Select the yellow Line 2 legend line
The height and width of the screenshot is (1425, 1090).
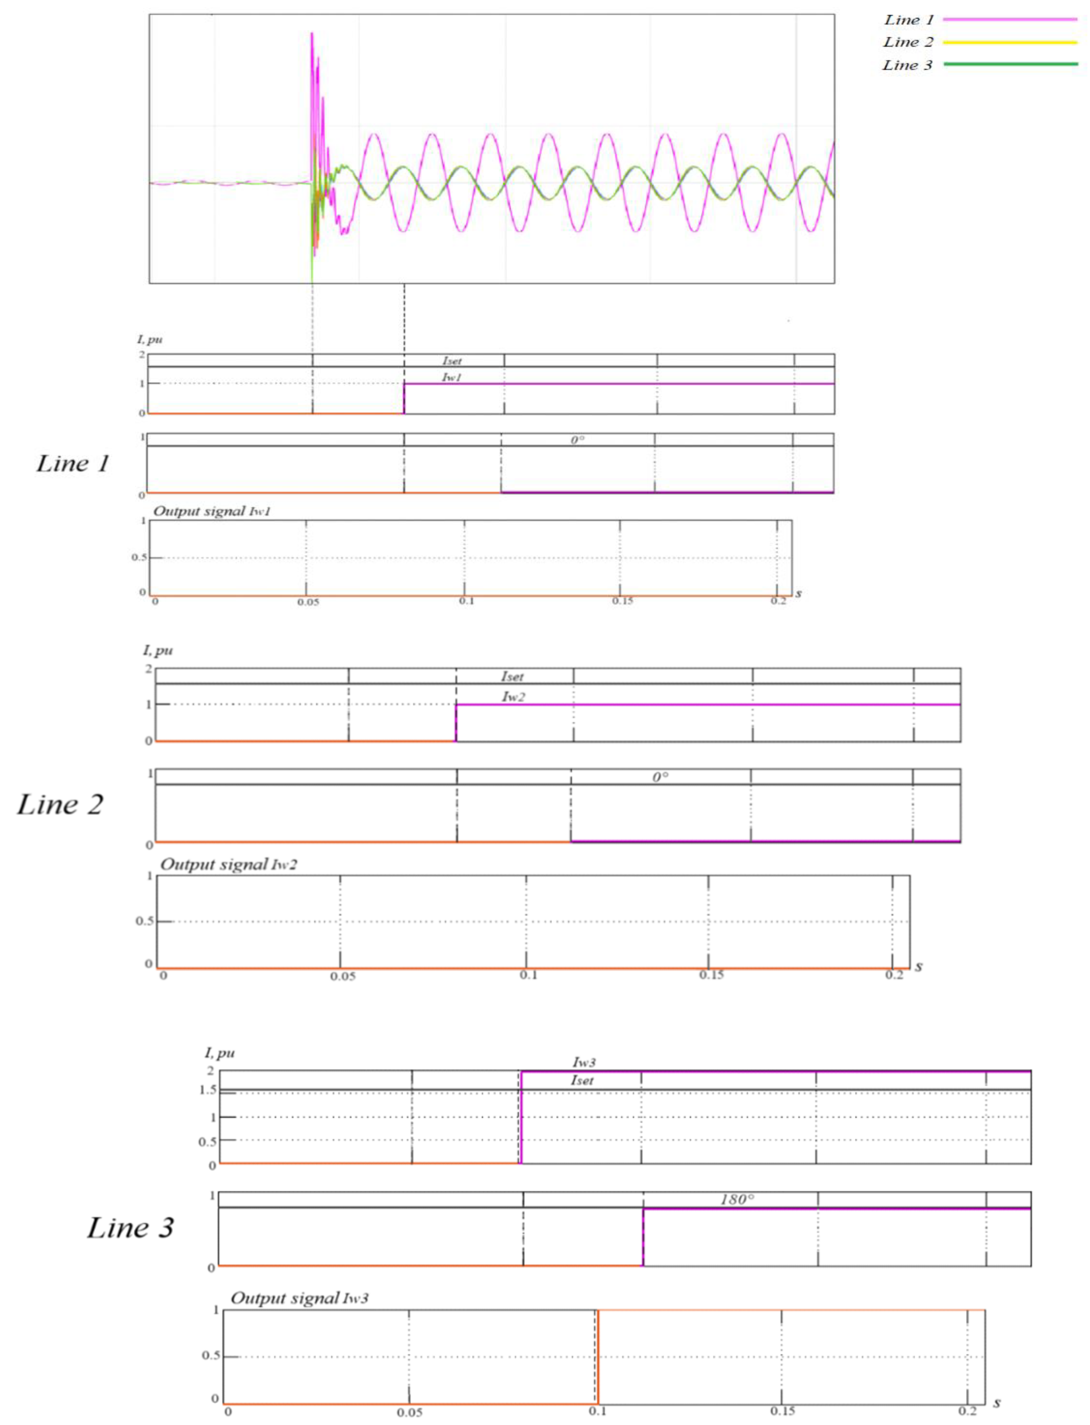coord(1009,42)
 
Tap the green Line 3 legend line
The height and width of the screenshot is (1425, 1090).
coord(1009,64)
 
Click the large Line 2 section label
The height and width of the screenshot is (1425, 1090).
coord(60,804)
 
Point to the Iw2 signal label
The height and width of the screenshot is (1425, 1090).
coord(513,697)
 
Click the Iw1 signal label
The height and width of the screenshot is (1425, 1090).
coord(451,377)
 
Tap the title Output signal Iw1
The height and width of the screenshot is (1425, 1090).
coord(212,511)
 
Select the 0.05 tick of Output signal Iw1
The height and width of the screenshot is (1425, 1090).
coord(307,602)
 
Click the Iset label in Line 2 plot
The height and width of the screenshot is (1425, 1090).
coord(512,676)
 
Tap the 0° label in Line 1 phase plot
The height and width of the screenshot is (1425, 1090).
coord(577,440)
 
